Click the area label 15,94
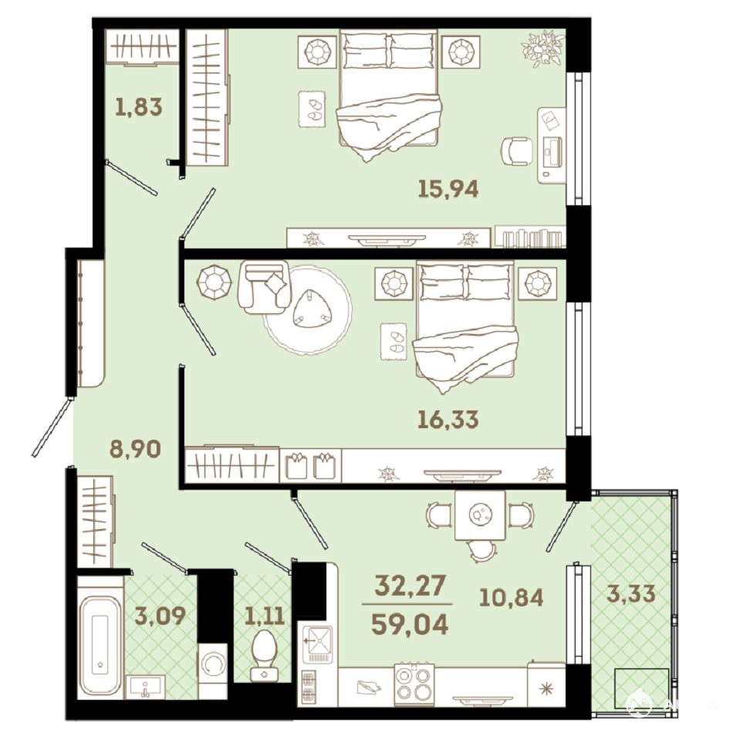(x=448, y=189)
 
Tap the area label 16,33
(x=448, y=419)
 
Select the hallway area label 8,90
(x=135, y=449)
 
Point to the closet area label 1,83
(x=139, y=106)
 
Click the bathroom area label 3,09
(x=160, y=616)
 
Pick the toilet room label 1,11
(x=265, y=616)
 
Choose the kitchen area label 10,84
(x=512, y=597)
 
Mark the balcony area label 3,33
(x=631, y=593)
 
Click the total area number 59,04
(x=410, y=624)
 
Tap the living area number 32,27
(x=410, y=585)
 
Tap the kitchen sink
(x=317, y=644)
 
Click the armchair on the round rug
(x=263, y=287)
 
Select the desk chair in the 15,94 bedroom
(x=517, y=150)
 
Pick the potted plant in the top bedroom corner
(x=543, y=47)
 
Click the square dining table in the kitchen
(x=480, y=515)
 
